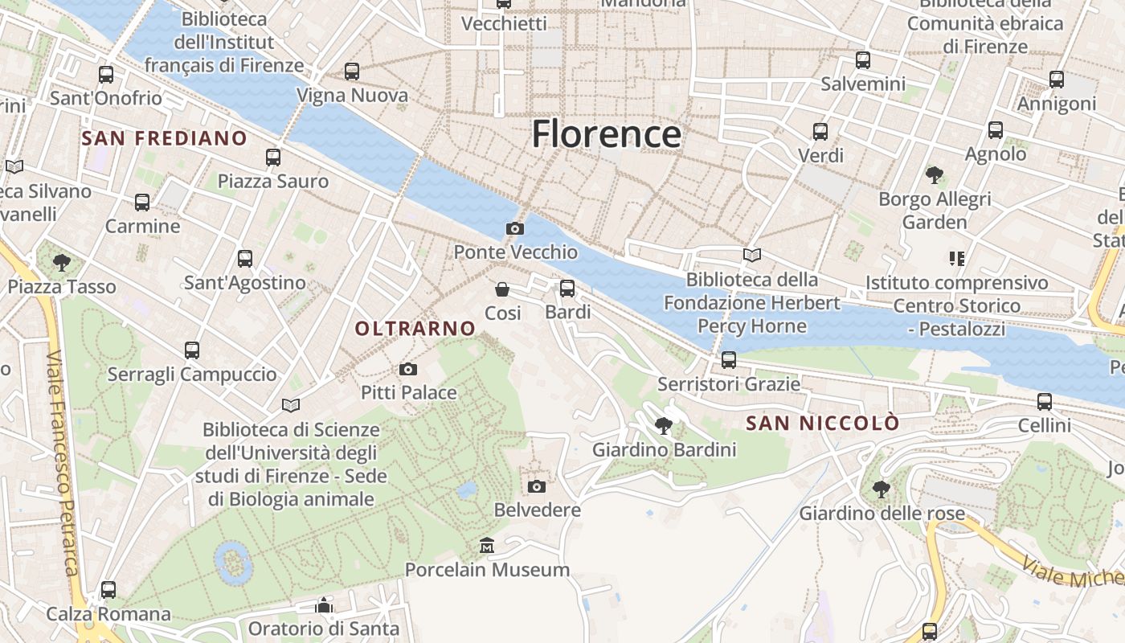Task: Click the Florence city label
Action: pos(607,133)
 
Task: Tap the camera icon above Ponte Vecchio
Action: pos(515,229)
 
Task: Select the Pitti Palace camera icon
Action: pos(408,370)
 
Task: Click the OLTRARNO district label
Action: pos(415,328)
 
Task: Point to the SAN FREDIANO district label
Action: pos(165,138)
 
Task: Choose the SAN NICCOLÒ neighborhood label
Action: pos(822,424)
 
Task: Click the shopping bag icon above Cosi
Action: pos(502,289)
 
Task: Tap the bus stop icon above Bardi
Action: pos(567,289)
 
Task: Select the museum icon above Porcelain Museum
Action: pos(486,547)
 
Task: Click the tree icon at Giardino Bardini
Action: pos(664,426)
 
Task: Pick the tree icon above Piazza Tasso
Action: pos(61,262)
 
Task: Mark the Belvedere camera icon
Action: pos(537,486)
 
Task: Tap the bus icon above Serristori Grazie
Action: pos(729,360)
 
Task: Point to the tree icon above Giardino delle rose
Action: pos(882,489)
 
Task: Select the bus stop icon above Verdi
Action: pos(820,132)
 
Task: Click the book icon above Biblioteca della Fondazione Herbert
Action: pos(752,256)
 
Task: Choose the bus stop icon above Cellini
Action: pos(1045,402)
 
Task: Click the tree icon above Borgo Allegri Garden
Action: pos(935,174)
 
